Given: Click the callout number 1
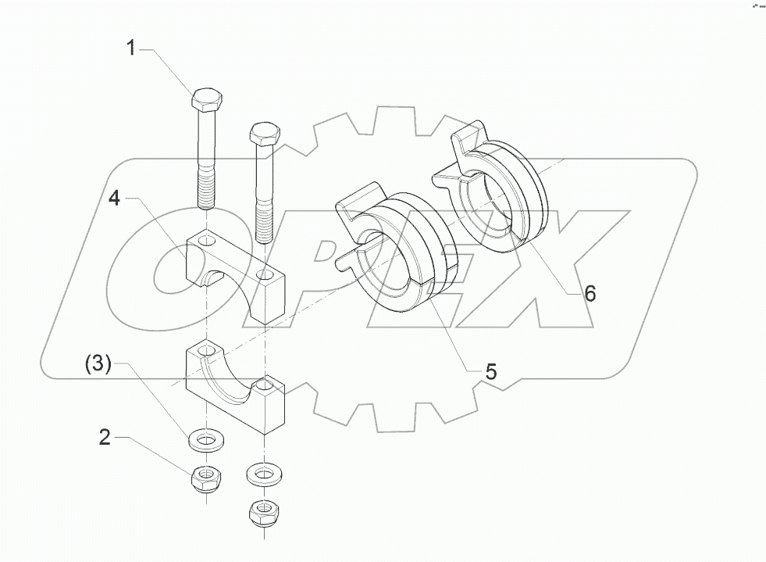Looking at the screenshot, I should pyautogui.click(x=131, y=48).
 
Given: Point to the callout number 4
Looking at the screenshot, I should pyautogui.click(x=115, y=199).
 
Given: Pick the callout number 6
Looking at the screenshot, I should pyautogui.click(x=590, y=294).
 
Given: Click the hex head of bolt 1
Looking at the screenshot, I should pyautogui.click(x=207, y=100).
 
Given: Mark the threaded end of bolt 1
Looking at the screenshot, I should pyautogui.click(x=206, y=192).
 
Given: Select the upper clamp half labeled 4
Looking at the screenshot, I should pyautogui.click(x=234, y=274).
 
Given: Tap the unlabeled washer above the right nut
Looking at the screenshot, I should pyautogui.click(x=264, y=474).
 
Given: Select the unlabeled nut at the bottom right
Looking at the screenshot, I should pyautogui.click(x=264, y=513).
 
